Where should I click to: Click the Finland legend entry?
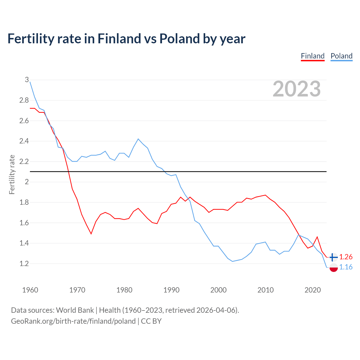tap(312, 56)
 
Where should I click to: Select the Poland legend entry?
tap(341, 56)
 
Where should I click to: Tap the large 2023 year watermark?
tap(297, 89)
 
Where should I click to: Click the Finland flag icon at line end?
tap(333, 257)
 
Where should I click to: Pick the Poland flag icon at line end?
tap(333, 267)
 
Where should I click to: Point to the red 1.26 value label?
tap(346, 257)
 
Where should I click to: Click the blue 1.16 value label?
tap(346, 267)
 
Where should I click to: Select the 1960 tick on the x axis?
tap(30, 290)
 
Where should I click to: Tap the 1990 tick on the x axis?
tap(171, 290)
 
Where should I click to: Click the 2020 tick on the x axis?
tap(312, 290)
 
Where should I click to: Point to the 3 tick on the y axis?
tap(27, 80)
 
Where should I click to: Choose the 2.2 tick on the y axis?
tap(24, 162)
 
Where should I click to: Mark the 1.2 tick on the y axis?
tap(24, 264)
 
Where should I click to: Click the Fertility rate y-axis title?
tap(12, 174)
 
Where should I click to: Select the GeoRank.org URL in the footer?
tap(73, 321)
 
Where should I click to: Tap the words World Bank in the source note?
tap(75, 310)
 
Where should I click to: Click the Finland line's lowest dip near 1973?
tap(91, 234)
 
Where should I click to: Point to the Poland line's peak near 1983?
tap(138, 139)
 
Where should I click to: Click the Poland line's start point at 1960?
tap(30, 82)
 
